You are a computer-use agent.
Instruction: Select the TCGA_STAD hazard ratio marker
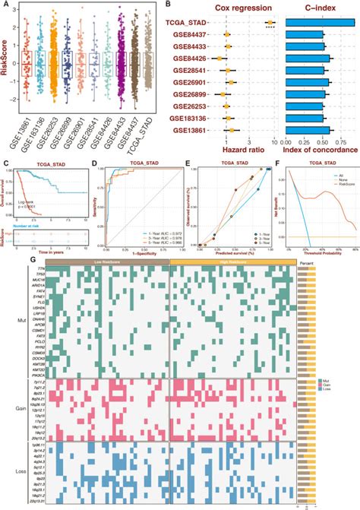click(270, 23)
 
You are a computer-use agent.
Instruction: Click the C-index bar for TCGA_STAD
click(319, 23)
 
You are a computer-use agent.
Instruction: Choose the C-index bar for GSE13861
click(304, 130)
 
